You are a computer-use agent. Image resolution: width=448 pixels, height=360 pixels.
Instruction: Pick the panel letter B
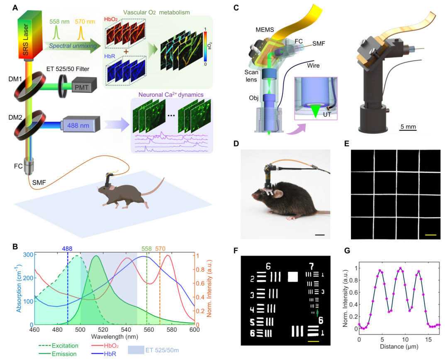(15, 247)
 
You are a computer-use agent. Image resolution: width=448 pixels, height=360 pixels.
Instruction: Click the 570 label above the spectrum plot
(161, 249)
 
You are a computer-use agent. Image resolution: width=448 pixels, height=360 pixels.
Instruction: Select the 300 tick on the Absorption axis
(27, 255)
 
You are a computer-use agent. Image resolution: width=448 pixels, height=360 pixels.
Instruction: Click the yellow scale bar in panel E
(431, 235)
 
